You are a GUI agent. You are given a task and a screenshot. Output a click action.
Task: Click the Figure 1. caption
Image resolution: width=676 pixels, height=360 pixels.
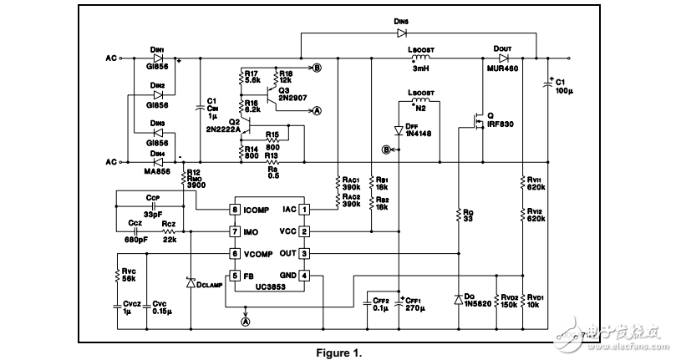pyautogui.click(x=338, y=352)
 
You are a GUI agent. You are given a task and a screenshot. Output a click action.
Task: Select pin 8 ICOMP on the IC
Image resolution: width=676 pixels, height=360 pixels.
pyautogui.click(x=236, y=209)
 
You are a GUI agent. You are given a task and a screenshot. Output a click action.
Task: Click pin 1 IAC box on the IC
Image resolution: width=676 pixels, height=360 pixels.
pyautogui.click(x=306, y=209)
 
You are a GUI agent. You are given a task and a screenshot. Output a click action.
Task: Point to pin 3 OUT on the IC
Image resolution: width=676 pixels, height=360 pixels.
pyautogui.click(x=306, y=253)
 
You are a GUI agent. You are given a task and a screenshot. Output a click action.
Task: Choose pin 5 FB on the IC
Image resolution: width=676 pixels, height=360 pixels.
pyautogui.click(x=236, y=275)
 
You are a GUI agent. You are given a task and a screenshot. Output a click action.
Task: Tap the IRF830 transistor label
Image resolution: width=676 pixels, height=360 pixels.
pyautogui.click(x=502, y=124)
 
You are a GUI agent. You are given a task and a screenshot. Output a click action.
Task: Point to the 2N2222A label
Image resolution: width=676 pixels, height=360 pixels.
pyautogui.click(x=222, y=129)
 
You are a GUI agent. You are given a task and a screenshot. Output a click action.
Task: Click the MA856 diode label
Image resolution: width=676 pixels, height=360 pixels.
pyautogui.click(x=157, y=171)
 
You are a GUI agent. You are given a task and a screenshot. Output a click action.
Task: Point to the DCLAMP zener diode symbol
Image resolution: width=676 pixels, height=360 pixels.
pyautogui.click(x=191, y=284)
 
